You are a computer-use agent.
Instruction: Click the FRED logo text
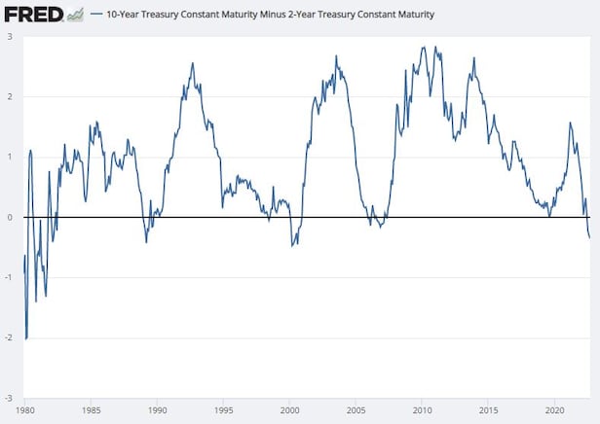click(x=33, y=15)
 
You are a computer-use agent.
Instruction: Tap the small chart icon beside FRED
click(x=76, y=14)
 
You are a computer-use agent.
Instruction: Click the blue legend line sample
click(x=96, y=16)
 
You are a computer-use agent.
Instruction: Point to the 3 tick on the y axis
click(x=9, y=37)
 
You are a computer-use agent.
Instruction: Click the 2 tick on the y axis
click(x=9, y=97)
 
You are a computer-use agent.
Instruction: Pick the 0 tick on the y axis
click(x=9, y=218)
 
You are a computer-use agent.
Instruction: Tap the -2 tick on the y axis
click(x=8, y=338)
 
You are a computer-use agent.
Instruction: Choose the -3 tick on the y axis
click(x=8, y=399)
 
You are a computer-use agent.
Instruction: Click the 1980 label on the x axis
click(x=24, y=410)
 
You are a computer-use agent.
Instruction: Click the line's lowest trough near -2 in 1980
click(x=26, y=338)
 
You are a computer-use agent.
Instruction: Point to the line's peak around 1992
click(x=193, y=63)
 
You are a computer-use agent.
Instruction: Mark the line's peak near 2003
click(x=337, y=56)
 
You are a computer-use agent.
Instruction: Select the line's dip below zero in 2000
click(x=292, y=246)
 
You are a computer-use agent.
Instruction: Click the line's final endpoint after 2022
click(x=590, y=237)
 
